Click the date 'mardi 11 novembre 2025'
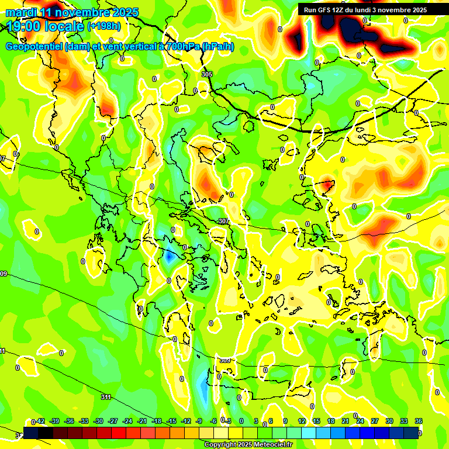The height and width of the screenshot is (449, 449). (72, 12)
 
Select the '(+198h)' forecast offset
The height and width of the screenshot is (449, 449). (104, 26)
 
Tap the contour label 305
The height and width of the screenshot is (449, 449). (207, 75)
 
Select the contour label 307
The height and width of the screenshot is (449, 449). (223, 221)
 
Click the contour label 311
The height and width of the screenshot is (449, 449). (106, 397)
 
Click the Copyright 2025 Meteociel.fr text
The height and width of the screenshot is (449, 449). (248, 445)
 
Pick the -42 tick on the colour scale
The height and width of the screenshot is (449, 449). (40, 422)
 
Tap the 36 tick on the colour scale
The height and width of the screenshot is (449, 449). (419, 422)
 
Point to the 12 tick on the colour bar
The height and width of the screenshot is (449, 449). (302, 422)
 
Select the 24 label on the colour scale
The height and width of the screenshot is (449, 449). (360, 422)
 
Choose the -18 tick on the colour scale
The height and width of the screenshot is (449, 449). (157, 422)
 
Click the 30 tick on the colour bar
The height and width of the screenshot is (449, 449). (389, 422)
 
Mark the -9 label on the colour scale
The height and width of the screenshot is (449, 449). (199, 422)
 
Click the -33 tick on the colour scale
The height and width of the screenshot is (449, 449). (84, 422)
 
